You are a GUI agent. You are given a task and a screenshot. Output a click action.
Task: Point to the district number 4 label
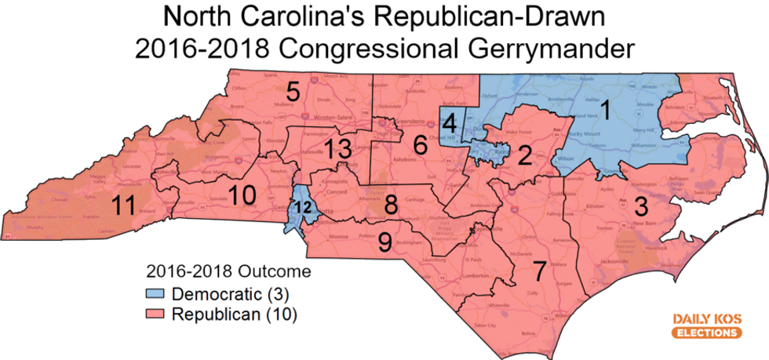tap(449, 123)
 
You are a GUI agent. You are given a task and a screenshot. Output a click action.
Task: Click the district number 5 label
tap(293, 92)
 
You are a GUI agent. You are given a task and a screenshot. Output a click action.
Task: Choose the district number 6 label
tap(421, 144)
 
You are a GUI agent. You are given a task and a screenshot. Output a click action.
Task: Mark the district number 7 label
tap(539, 269)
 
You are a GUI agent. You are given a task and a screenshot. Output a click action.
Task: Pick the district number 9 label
tap(384, 242)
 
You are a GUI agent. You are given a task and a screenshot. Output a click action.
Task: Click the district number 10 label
tap(239, 195)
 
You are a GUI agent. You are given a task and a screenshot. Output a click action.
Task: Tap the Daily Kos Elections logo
tap(706, 325)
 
